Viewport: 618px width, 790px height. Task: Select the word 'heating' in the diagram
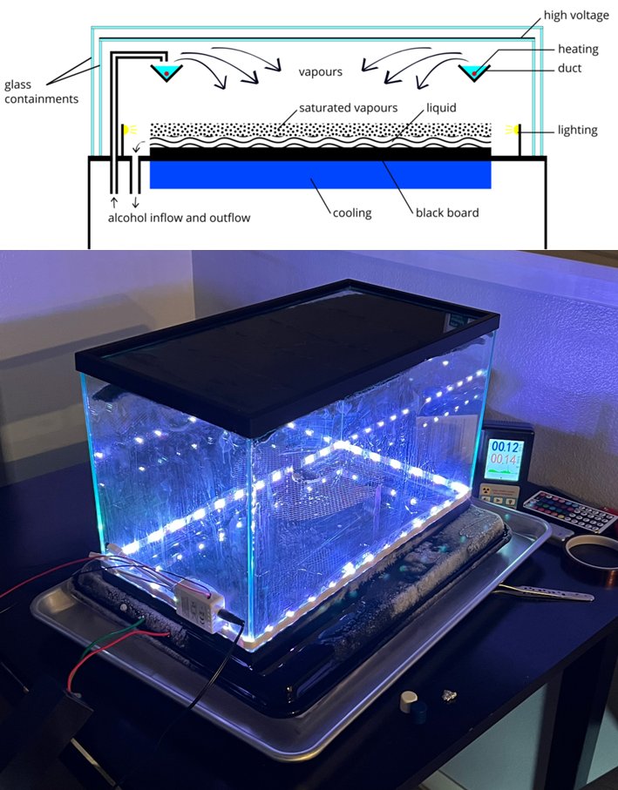coord(579,49)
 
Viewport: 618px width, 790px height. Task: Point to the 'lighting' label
coord(577,131)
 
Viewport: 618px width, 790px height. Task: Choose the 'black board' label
coord(447,213)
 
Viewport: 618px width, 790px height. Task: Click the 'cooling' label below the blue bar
coord(352,213)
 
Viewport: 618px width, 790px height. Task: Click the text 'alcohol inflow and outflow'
coord(179,218)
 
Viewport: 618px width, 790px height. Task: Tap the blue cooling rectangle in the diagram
coord(320,174)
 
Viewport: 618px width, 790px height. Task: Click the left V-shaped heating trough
coord(164,72)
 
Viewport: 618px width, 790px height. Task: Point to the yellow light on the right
coord(513,131)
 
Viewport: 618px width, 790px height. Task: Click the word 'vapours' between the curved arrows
coord(320,71)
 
